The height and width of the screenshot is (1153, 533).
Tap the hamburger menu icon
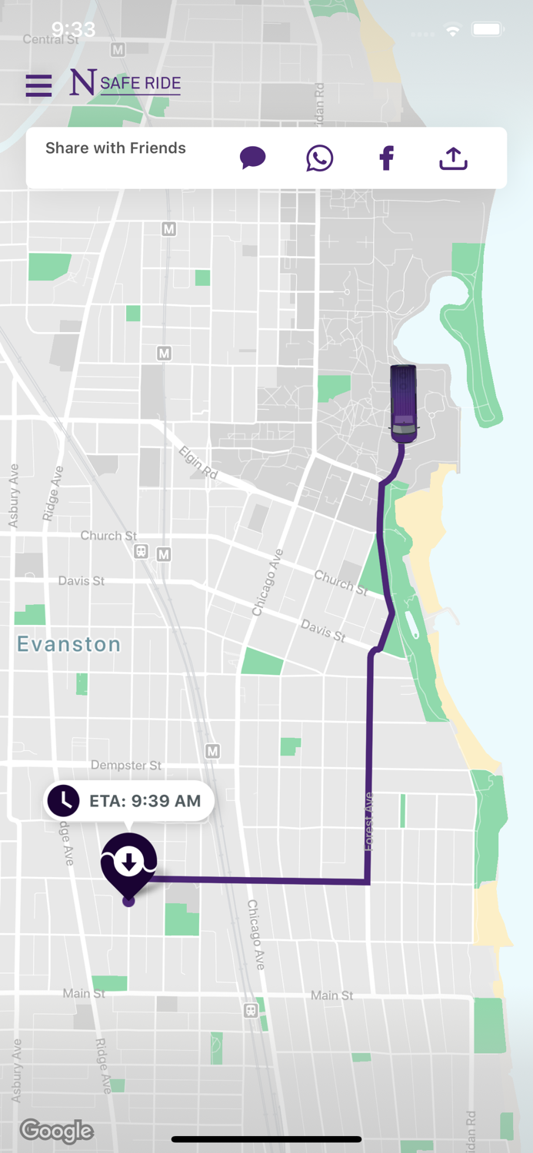tap(38, 85)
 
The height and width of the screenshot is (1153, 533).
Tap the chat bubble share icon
tap(252, 158)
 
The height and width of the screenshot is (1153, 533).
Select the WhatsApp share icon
tap(319, 158)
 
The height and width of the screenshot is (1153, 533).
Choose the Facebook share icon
tap(386, 158)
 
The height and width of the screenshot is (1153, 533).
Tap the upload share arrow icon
tap(453, 158)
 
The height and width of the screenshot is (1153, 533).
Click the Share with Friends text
tap(115, 148)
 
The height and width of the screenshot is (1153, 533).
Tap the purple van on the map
tap(404, 404)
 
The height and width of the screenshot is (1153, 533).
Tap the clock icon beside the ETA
tap(64, 801)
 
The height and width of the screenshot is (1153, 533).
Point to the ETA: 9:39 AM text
tap(145, 801)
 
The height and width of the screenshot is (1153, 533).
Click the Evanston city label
tap(69, 644)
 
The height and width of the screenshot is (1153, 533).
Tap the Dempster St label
tap(126, 765)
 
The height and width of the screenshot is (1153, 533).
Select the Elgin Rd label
tap(198, 464)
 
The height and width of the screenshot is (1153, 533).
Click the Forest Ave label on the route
tap(370, 821)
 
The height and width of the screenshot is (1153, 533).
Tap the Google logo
tap(57, 1131)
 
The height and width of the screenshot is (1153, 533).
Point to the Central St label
tap(51, 39)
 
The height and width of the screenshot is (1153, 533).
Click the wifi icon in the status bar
tap(453, 31)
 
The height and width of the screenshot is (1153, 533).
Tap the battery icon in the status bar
tap(488, 30)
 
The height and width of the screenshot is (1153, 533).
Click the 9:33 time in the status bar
tap(73, 29)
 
